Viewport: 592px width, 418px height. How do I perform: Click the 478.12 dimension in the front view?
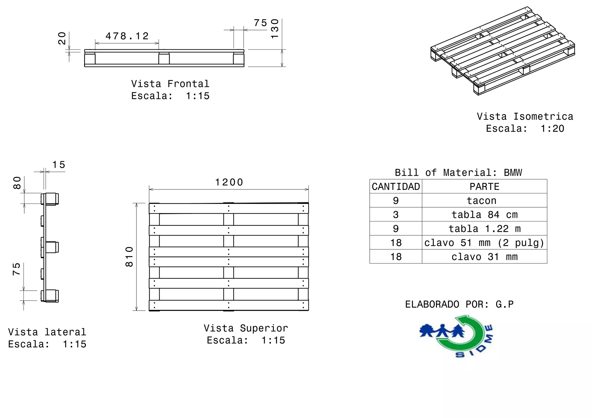tap(127, 36)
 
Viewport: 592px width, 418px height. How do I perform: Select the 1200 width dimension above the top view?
tap(229, 182)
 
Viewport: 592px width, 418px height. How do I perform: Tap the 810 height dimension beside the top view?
tap(129, 257)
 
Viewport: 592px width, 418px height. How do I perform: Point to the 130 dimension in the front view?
tap(275, 29)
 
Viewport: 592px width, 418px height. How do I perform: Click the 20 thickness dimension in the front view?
tap(62, 38)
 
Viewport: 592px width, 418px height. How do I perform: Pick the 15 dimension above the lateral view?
tap(59, 165)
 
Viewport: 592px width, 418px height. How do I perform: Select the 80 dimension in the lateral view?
tap(17, 183)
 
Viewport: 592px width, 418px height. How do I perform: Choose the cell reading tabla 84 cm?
tap(484, 214)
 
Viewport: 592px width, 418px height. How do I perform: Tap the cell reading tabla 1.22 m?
tap(484, 229)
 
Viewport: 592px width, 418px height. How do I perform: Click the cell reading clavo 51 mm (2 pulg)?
tap(484, 242)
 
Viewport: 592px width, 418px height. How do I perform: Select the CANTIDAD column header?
tap(396, 186)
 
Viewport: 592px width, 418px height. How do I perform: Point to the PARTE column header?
tap(484, 186)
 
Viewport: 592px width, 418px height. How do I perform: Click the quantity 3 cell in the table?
tap(396, 214)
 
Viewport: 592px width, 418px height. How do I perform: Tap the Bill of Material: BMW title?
tap(458, 173)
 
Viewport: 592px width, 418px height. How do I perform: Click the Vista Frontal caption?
tap(170, 84)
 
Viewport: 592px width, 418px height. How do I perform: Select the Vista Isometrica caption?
tap(525, 116)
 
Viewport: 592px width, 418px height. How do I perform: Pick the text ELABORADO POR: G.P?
tap(459, 304)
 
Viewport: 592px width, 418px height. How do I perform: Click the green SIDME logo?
tap(456, 336)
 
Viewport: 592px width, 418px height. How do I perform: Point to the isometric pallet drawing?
tap(503, 51)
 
